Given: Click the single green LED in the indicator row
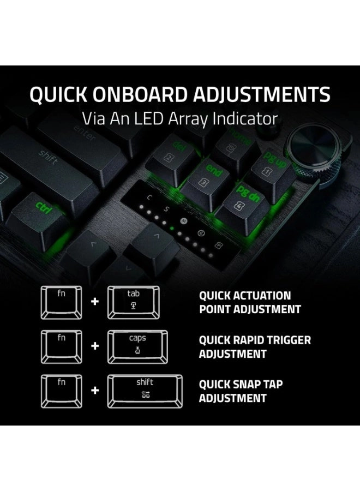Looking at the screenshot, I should point(173,229).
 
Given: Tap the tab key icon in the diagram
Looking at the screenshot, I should point(134,303).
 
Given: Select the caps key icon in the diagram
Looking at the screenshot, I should point(137,348).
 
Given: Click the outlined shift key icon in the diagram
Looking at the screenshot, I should point(145,391).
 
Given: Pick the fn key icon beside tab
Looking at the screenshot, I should point(62,303).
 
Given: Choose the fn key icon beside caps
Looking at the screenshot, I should point(62,348).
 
